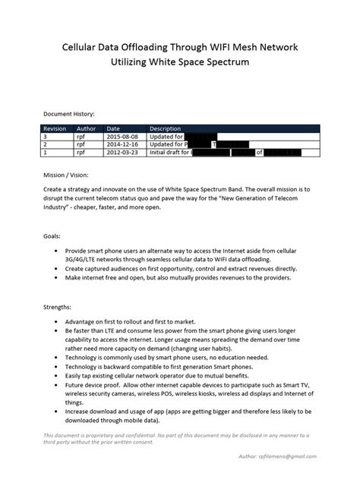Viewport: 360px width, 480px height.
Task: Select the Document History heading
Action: click(x=70, y=112)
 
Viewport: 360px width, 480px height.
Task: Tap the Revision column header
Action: click(x=55, y=128)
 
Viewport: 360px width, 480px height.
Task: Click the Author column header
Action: click(x=87, y=128)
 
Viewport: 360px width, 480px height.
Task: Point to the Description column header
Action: click(x=166, y=128)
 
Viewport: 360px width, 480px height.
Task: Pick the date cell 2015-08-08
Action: click(x=123, y=136)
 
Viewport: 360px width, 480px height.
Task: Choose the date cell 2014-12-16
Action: click(x=123, y=144)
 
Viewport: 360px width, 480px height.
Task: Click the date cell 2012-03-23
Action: click(x=123, y=153)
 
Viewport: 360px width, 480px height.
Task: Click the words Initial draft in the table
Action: click(x=167, y=153)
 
